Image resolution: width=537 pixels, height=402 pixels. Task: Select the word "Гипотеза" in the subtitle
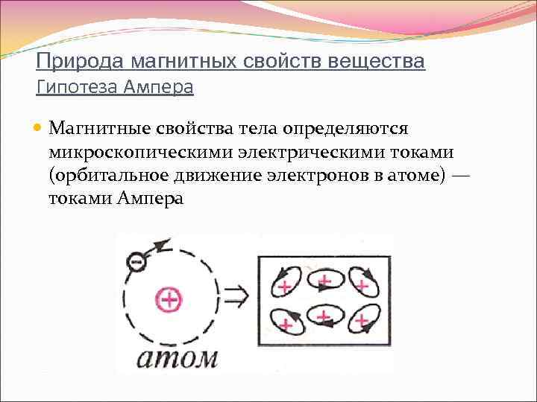72,88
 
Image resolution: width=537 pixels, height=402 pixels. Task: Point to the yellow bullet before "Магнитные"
40,127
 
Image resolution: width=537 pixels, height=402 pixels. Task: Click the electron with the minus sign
136,262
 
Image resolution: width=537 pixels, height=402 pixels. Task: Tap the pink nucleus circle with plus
169,300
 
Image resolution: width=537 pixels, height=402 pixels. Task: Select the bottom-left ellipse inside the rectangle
284,322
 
